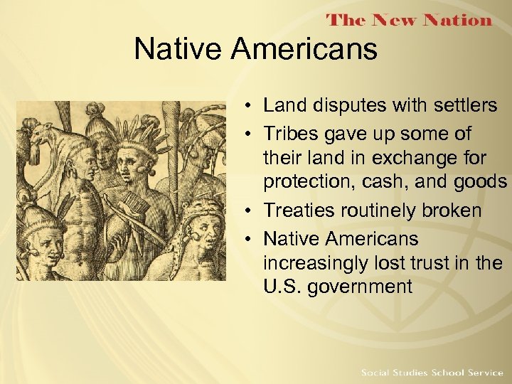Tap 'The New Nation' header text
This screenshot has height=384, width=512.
pyautogui.click(x=409, y=20)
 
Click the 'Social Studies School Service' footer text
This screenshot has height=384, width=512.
pyautogui.click(x=431, y=373)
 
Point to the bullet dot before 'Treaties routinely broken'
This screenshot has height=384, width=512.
pyautogui.click(x=244, y=211)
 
